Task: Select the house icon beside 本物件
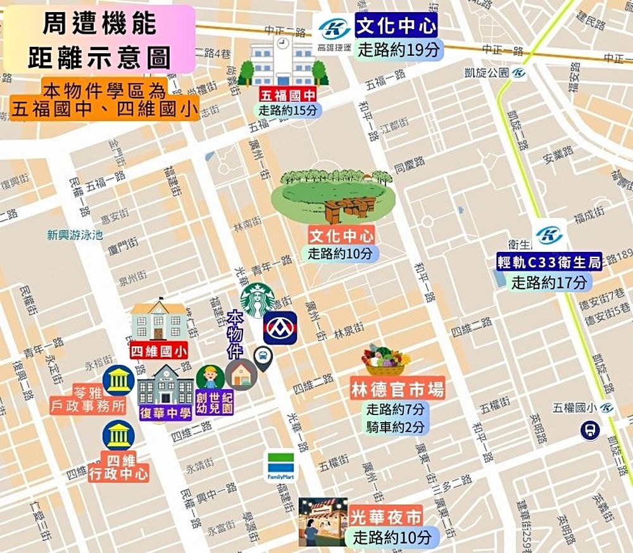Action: pos(242,374)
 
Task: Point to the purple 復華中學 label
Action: pos(165,414)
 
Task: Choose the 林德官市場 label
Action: pos(398,389)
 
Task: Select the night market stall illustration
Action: pos(323,521)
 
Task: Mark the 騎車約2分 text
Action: pos(396,427)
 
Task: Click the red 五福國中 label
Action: pos(288,96)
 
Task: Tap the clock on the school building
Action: pos(282,43)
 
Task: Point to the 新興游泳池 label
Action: pos(75,235)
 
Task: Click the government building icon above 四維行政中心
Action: pos(118,435)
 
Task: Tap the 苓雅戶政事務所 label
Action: pos(88,399)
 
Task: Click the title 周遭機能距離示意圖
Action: pos(99,39)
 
